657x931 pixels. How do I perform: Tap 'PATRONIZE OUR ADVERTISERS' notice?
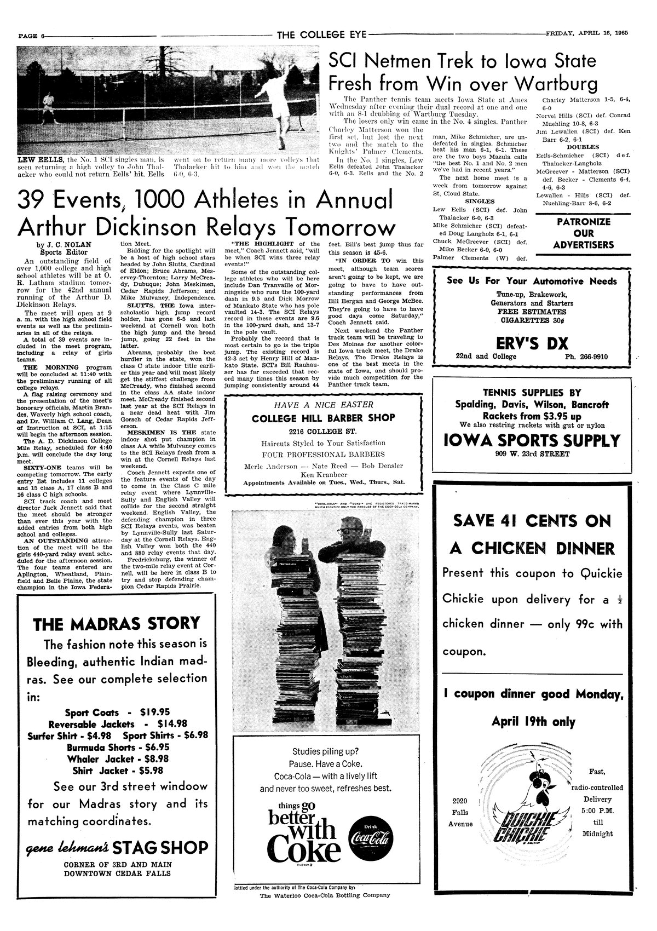583,233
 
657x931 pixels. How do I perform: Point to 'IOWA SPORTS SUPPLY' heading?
531,440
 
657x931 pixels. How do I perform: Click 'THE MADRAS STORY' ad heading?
116,623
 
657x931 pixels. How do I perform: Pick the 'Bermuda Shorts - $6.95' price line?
118,747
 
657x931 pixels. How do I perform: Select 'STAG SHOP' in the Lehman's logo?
160,848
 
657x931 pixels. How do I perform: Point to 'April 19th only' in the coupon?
533,721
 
